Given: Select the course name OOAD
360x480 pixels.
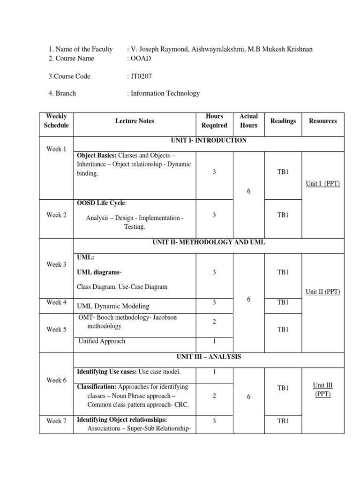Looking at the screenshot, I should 141,58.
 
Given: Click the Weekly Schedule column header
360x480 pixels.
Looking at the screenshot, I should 56,120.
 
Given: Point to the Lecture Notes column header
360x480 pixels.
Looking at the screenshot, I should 135,121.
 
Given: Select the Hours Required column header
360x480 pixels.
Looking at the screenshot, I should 214,120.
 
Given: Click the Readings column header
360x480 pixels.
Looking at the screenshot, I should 283,121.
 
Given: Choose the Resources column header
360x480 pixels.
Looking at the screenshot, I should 322,121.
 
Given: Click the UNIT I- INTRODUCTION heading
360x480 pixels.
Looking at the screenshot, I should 209,141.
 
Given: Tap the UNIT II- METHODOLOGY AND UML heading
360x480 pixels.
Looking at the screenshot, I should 209,242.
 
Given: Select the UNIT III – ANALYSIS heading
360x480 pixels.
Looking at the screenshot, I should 209,357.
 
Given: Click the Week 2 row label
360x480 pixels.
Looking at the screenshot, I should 56,215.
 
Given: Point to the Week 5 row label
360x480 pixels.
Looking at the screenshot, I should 56,330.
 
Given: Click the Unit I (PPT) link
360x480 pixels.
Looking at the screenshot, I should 322,183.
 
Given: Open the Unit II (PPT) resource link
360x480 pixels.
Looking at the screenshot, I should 322,292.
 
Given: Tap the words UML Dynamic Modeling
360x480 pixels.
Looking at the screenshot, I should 113,306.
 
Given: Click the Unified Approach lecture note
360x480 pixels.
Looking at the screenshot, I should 102,341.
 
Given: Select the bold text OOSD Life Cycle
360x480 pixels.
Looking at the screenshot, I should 101,203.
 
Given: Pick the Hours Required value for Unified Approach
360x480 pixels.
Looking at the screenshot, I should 214,341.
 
